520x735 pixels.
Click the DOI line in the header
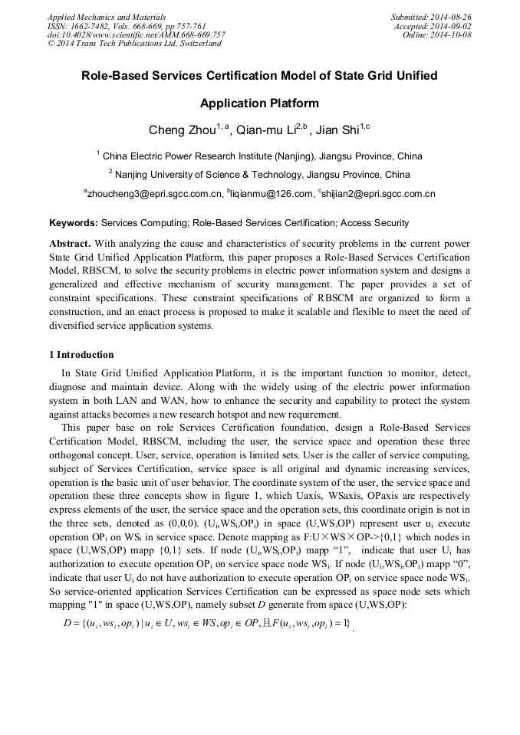[x=136, y=35]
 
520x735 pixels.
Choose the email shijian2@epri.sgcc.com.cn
[x=379, y=194]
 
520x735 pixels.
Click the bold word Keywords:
[x=74, y=223]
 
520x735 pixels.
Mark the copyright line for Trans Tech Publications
[x=134, y=44]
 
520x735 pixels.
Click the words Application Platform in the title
[x=259, y=103]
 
